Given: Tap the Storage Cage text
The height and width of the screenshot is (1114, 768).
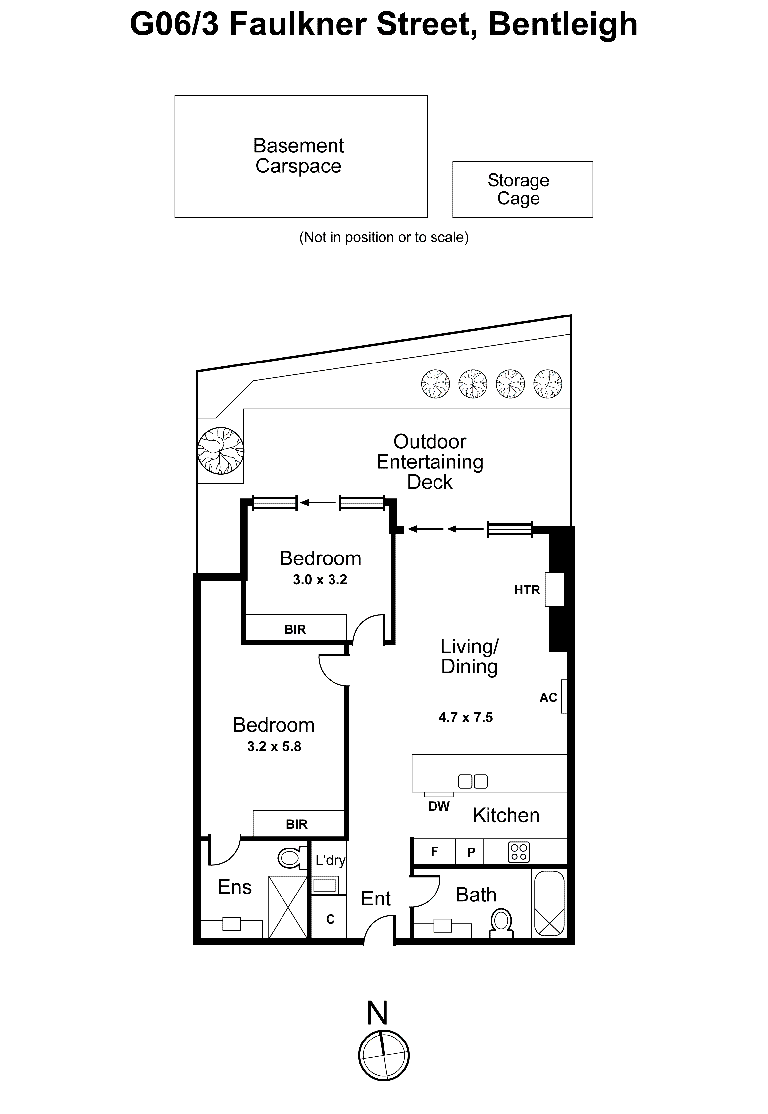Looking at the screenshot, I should [518, 189].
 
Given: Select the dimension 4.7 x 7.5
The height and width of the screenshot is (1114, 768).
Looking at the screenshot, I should [465, 718].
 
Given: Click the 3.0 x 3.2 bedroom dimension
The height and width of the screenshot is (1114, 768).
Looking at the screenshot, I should [320, 580].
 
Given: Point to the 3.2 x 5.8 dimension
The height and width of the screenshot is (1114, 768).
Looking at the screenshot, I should [274, 747].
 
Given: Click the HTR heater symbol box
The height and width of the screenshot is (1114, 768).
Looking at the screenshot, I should [554, 590].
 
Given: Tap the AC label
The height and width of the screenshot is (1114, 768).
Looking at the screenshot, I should [548, 698].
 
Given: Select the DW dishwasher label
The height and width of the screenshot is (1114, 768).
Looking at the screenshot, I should [439, 807].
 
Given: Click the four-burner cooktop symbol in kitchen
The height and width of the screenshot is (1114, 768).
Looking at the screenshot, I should [518, 852].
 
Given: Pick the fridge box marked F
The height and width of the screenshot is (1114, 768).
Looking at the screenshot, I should [434, 852].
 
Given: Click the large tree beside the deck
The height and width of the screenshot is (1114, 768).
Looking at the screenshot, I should [221, 451].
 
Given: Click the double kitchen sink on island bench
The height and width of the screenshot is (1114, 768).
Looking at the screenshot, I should [473, 781].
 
